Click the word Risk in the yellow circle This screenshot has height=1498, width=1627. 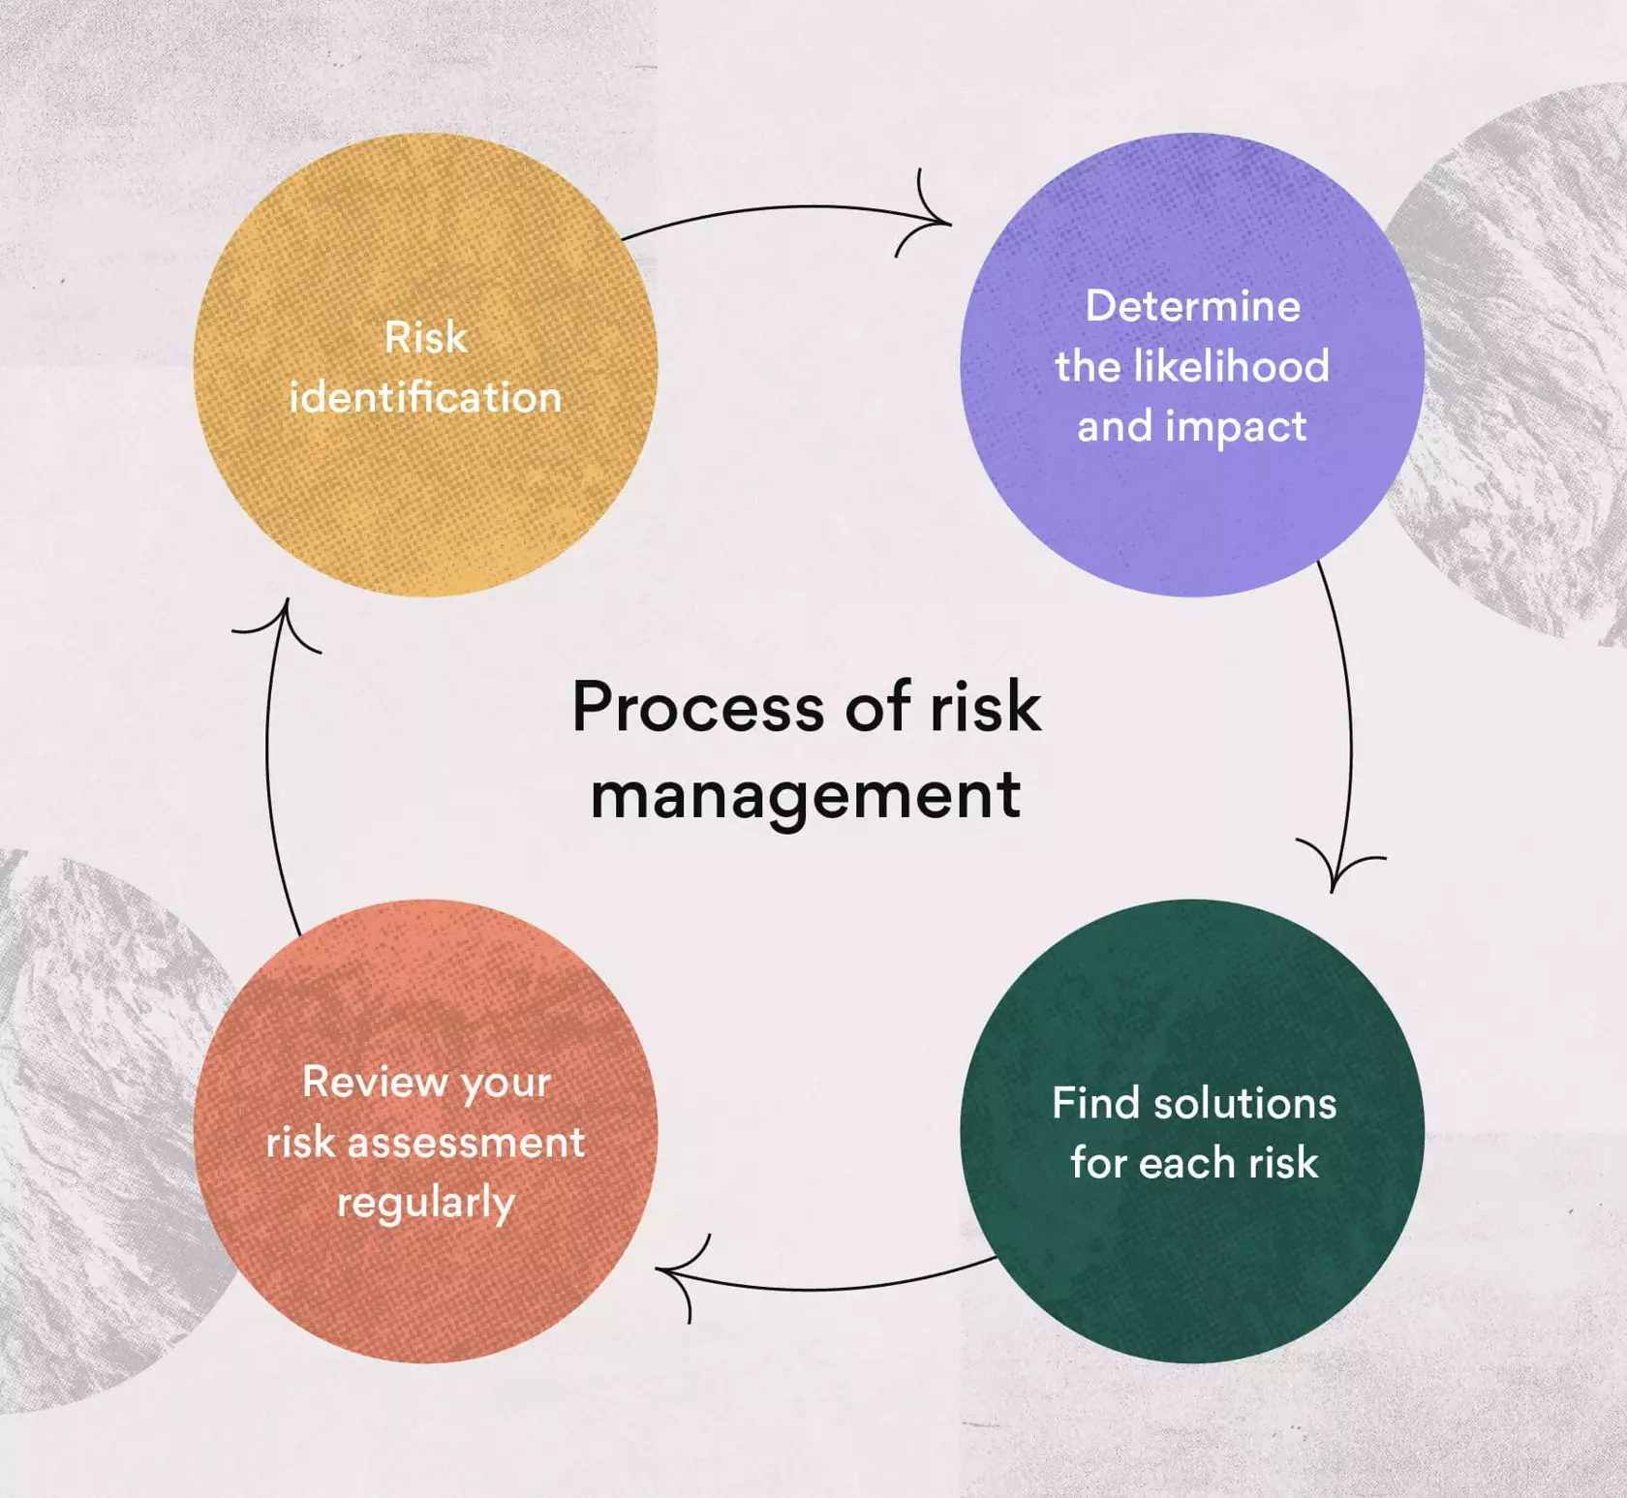[426, 338]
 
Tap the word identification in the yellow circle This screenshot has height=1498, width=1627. [426, 398]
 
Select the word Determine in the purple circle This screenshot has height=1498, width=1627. [1192, 306]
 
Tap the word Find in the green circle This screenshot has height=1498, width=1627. [1095, 1103]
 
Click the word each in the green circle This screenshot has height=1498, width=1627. [1187, 1162]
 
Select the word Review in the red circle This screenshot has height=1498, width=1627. [377, 1082]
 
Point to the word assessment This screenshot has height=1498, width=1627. [466, 1143]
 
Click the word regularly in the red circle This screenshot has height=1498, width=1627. [426, 1204]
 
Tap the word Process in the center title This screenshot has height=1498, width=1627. [698, 707]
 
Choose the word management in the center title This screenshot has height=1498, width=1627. [806, 796]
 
